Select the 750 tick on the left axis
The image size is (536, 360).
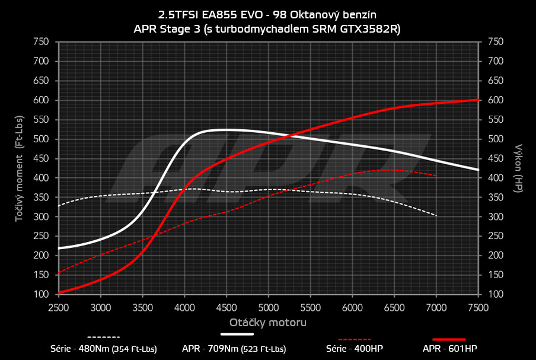pyautogui.click(x=40, y=42)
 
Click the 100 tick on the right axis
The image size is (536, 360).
pyautogui.click(x=495, y=294)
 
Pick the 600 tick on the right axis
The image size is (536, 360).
pyautogui.click(x=495, y=100)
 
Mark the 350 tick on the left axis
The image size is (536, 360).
pyautogui.click(x=40, y=197)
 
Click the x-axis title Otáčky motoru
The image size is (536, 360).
pyautogui.click(x=268, y=323)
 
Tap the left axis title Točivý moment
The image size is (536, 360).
pyautogui.click(x=19, y=168)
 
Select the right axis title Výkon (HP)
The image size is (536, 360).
pyautogui.click(x=519, y=168)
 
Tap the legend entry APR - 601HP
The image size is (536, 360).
pyautogui.click(x=449, y=349)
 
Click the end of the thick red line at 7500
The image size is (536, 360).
pyautogui.click(x=478, y=100)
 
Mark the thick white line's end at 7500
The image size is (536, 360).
pyautogui.click(x=478, y=170)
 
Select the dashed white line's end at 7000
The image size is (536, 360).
pyautogui.click(x=436, y=215)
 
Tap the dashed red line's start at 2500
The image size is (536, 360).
pyautogui.click(x=59, y=272)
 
